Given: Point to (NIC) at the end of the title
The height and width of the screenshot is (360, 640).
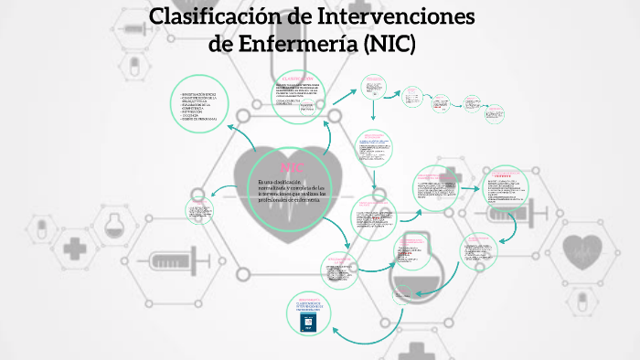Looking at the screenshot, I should coord(389,43).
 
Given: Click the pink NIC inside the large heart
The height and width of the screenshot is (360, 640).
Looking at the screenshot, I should coord(292,167).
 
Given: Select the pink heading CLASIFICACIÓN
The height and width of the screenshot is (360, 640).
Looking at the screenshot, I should coord(300,77).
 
